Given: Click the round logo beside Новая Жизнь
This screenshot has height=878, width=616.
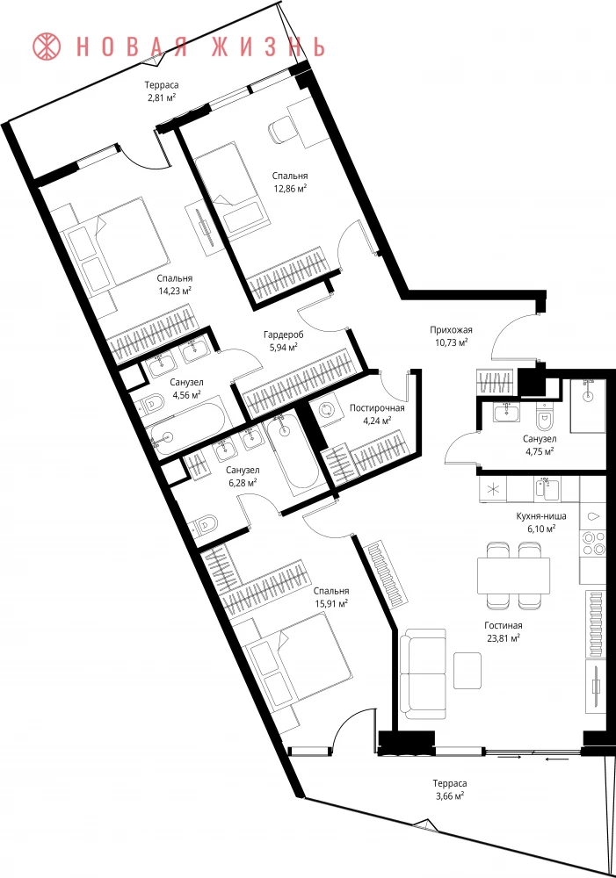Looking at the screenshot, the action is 47,47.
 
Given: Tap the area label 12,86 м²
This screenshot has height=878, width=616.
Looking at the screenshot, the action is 290,188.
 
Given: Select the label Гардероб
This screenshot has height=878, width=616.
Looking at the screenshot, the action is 284,335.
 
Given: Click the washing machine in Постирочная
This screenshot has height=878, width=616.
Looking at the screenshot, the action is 326,410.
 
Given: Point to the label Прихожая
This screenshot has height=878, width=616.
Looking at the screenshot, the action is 451,330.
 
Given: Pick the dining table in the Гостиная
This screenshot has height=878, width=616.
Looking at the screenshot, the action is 513,575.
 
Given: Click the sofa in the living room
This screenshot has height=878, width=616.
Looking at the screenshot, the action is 424,674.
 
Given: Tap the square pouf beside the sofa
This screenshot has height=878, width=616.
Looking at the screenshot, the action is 467,671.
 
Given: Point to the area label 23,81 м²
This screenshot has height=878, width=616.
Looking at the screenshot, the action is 503,637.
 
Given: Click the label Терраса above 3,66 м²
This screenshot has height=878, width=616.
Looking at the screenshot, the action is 450,783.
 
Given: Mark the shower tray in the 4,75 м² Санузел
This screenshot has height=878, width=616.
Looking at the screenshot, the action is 588,406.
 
